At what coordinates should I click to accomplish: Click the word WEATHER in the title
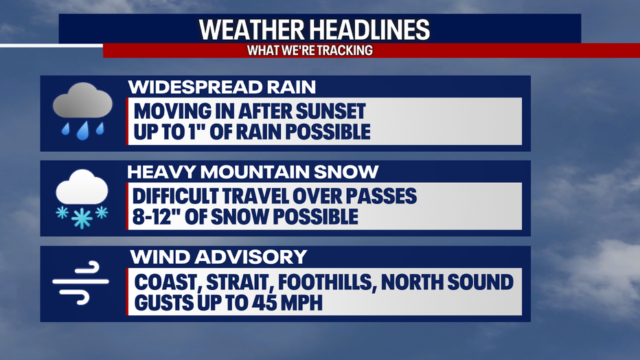click(x=251, y=30)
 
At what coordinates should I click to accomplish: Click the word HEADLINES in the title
click(x=369, y=30)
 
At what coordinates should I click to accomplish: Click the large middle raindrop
click(x=83, y=131)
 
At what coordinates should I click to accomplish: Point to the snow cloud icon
click(x=82, y=199)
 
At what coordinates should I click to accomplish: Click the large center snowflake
click(x=82, y=218)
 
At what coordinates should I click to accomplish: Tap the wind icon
click(x=81, y=282)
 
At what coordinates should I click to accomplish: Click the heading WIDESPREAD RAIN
click(x=222, y=87)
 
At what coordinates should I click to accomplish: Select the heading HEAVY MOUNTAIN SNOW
click(x=253, y=172)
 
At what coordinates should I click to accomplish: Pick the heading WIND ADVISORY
click(x=218, y=257)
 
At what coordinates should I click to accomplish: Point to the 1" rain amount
click(x=196, y=131)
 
